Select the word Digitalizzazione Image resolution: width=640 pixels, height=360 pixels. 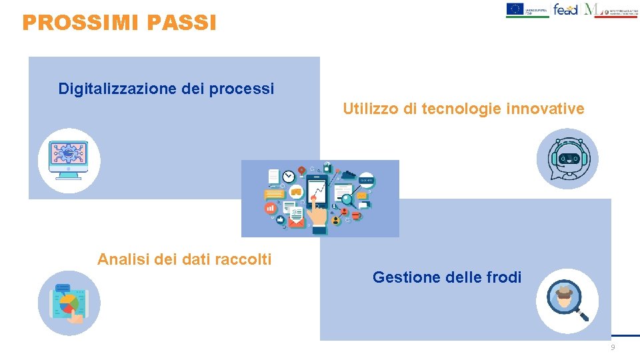pos(117,89)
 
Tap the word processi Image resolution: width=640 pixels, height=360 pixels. pos(241,89)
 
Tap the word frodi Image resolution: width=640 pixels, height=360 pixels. pos(502,277)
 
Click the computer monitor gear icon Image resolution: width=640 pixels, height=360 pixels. pos(69,160)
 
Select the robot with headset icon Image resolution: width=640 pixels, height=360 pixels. pos(567,159)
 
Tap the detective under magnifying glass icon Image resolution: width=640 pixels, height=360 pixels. pos(567,301)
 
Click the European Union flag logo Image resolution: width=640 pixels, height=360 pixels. pos(515,9)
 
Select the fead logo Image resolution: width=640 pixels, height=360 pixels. pos(567,9)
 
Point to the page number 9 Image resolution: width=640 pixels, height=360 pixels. pos(613,348)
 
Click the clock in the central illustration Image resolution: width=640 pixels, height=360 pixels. pos(289,177)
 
